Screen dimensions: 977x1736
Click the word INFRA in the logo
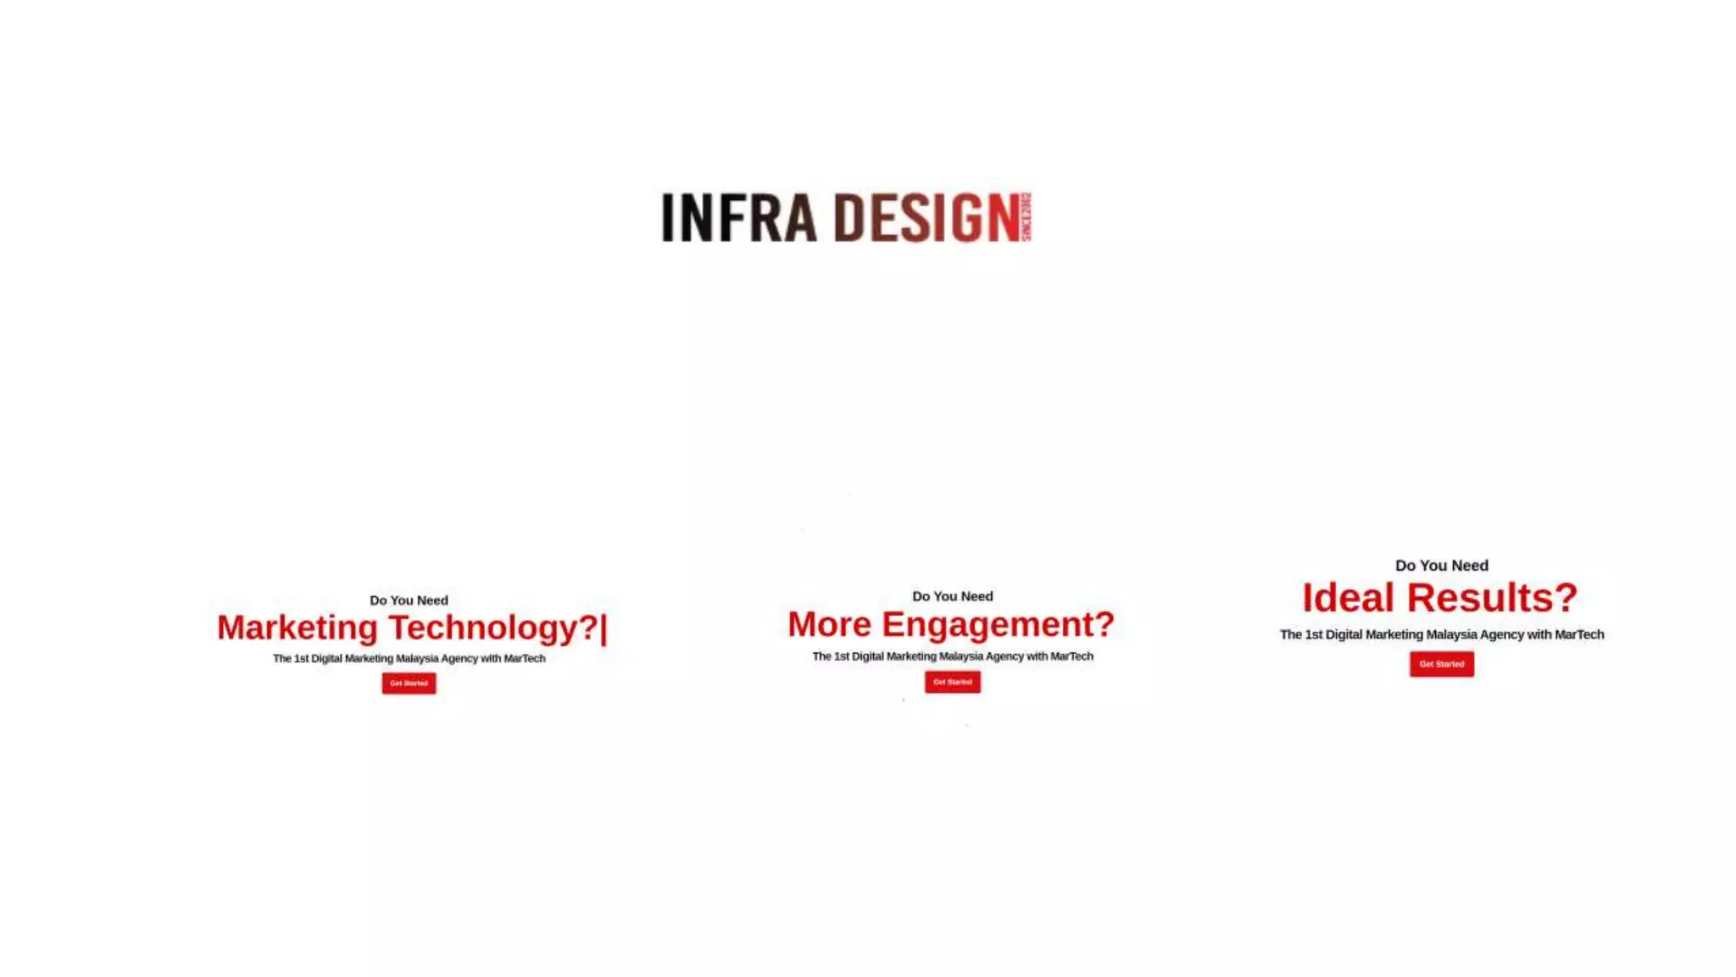point(738,217)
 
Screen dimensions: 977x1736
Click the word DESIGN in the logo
point(926,217)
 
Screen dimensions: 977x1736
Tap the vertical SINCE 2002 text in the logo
point(1027,216)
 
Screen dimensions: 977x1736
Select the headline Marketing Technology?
point(408,628)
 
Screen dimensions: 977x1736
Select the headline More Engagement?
point(950,624)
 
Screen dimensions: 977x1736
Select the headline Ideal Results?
point(1439,597)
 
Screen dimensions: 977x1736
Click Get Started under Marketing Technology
point(409,683)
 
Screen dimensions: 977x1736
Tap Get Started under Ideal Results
point(1441,663)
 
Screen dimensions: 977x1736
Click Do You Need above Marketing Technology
point(409,600)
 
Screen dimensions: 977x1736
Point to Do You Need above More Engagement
point(952,596)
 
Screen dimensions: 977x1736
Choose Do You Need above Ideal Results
point(1441,565)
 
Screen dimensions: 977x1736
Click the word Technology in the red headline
point(493,628)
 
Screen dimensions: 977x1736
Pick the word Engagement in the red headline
point(998,624)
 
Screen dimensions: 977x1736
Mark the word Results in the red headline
point(1492,597)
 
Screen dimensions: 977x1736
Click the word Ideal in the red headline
point(1348,597)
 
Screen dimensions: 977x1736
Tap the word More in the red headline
point(829,624)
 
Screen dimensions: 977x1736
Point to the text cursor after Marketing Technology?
point(604,628)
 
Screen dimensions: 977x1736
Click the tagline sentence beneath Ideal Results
point(1441,634)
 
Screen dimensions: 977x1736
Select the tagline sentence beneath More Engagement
point(952,656)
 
